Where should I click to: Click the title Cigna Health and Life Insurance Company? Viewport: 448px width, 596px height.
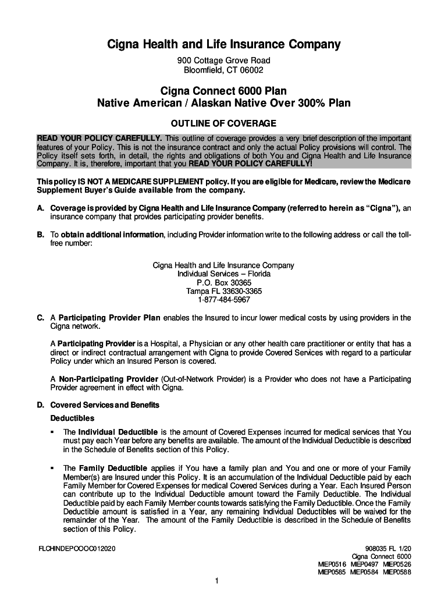(x=223, y=45)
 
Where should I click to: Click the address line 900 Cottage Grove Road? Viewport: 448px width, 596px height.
(x=223, y=61)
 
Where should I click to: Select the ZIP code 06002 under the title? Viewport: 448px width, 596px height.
(x=251, y=70)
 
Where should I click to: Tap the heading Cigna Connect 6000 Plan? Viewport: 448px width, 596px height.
(x=223, y=91)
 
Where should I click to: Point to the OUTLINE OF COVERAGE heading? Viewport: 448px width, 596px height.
(x=223, y=123)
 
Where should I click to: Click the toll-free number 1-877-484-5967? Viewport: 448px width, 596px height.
(x=223, y=300)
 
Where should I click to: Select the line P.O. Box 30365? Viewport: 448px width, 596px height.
(x=223, y=282)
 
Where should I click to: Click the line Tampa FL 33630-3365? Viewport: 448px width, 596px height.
(x=223, y=291)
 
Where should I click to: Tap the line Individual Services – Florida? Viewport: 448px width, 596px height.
(x=223, y=274)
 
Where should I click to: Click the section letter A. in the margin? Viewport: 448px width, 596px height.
(x=41, y=208)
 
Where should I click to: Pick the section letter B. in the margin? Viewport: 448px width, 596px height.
(x=41, y=235)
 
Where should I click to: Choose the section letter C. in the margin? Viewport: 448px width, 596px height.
(x=41, y=318)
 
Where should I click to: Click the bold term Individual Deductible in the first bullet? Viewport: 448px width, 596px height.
(x=118, y=432)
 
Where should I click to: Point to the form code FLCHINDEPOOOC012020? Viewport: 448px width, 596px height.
(x=76, y=548)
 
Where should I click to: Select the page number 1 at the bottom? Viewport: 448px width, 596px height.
(x=216, y=581)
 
